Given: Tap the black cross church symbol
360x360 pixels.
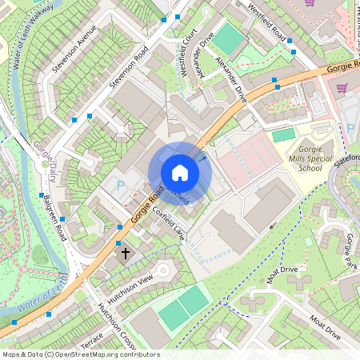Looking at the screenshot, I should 125,254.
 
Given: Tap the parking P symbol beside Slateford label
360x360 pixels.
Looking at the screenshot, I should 350,128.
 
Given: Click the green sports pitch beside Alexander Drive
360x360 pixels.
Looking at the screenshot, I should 230,39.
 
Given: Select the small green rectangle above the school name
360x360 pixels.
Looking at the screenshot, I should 283,135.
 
